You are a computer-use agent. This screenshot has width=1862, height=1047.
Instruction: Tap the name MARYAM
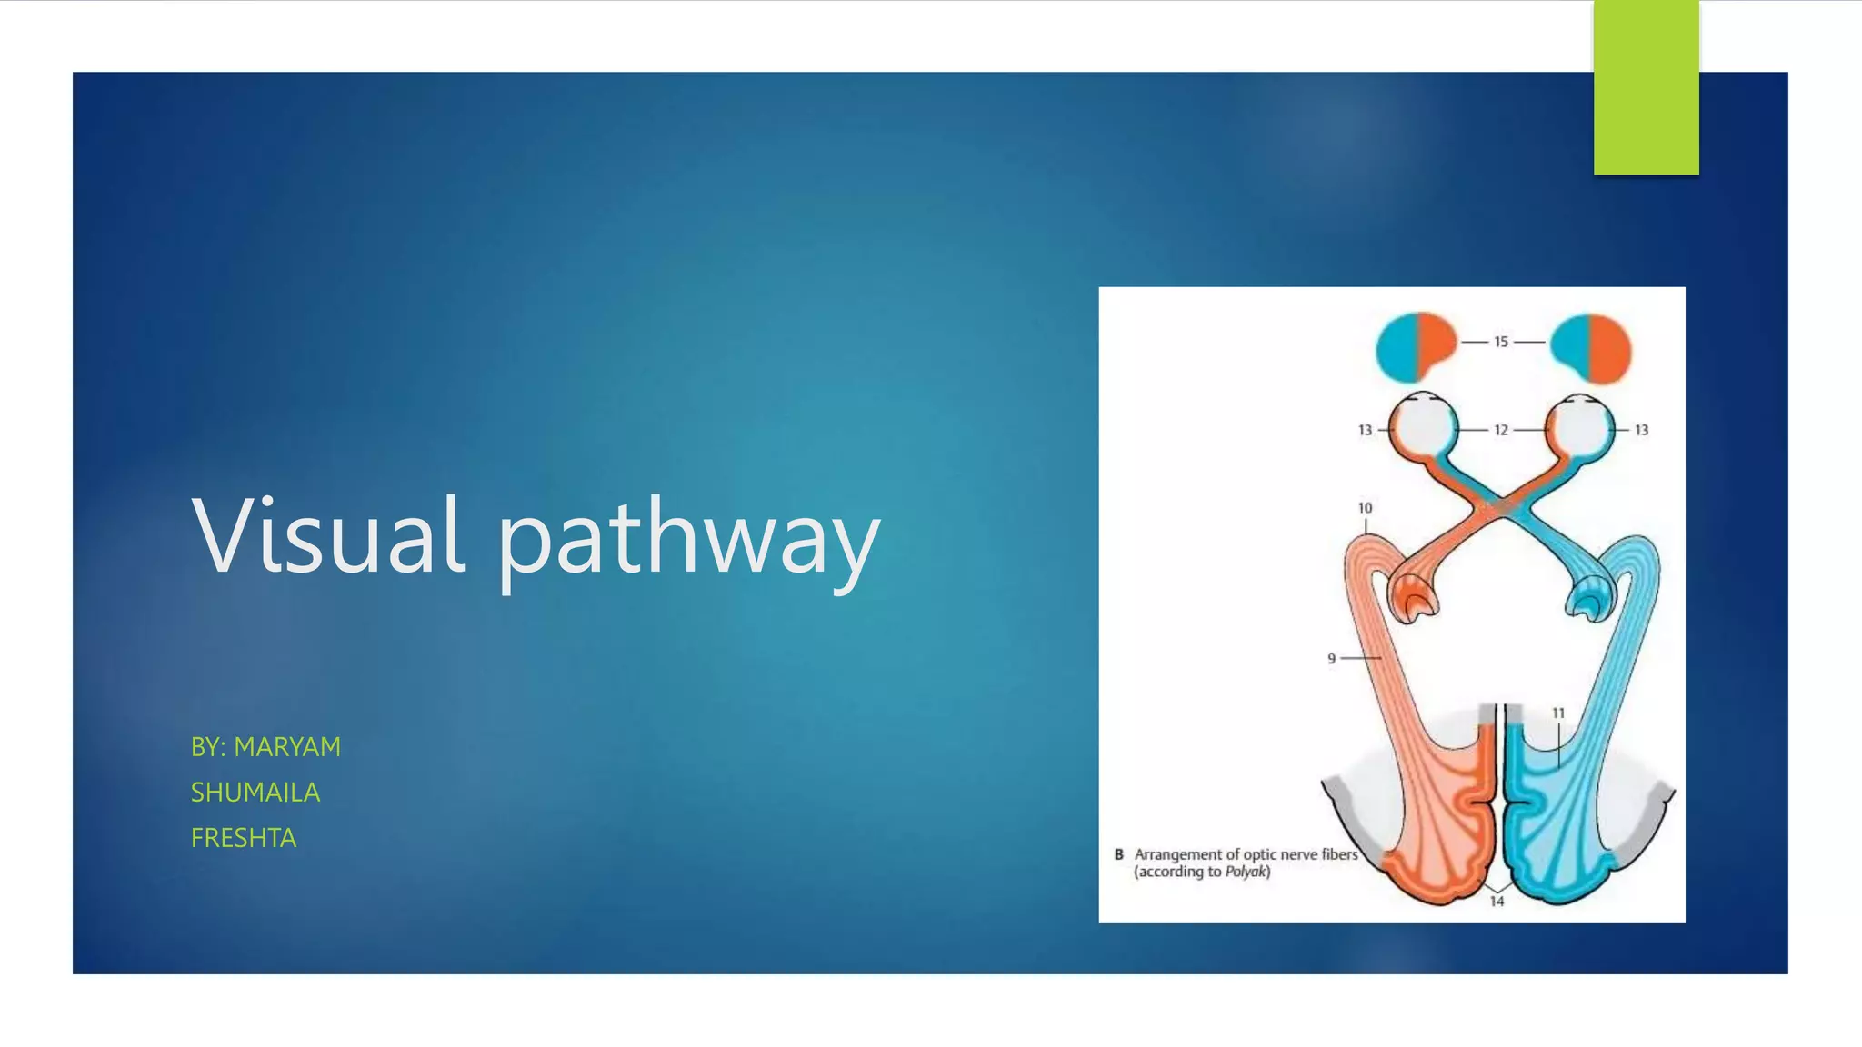287,747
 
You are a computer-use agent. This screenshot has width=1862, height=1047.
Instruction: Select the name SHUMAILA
255,793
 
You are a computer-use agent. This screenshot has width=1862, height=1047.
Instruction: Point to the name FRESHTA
244,838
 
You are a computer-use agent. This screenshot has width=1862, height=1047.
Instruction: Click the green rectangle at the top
1646,87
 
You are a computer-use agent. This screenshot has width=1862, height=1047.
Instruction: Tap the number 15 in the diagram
1501,342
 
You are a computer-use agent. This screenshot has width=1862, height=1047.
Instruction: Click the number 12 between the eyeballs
1501,430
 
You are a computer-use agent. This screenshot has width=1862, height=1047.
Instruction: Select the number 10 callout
1365,508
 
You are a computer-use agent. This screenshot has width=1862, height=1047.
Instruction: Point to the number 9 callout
1332,658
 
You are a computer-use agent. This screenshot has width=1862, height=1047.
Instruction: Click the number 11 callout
1558,713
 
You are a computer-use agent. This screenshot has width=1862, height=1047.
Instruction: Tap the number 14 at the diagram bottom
1497,902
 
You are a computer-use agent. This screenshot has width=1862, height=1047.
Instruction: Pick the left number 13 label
1365,430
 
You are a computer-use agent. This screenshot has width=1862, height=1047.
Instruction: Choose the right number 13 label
1641,430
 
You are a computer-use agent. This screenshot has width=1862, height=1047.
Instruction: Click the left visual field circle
1416,347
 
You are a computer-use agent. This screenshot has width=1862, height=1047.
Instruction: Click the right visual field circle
1591,347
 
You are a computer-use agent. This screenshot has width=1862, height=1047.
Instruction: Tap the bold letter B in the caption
1119,854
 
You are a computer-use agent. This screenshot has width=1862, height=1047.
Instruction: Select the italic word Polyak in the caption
1245,872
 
